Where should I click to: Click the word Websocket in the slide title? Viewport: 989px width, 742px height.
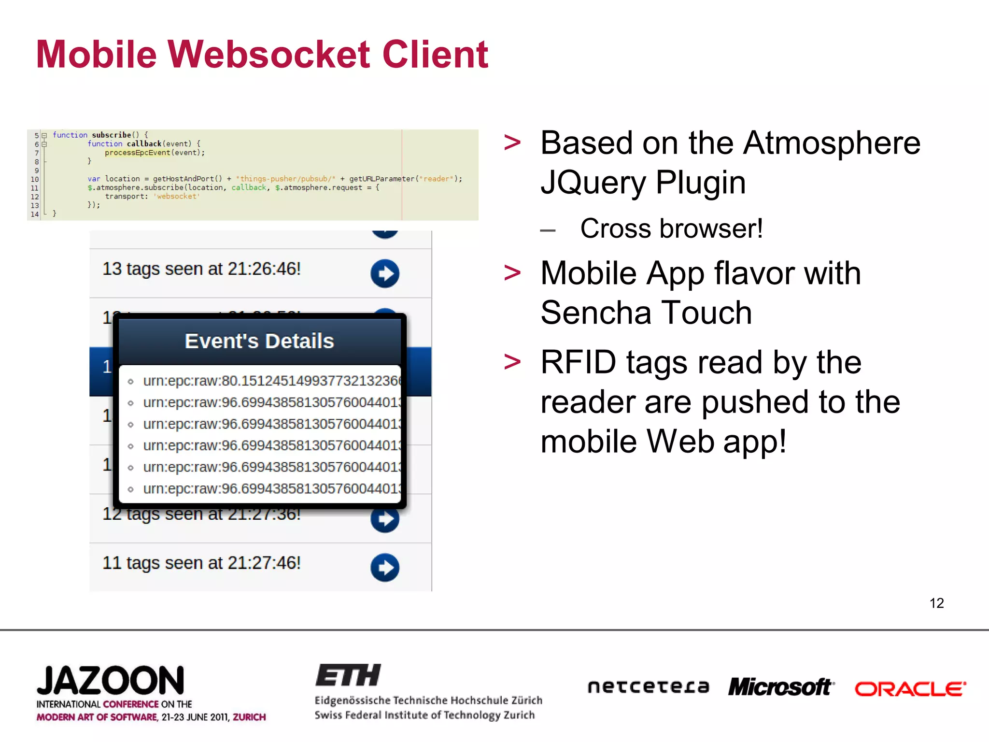tap(269, 54)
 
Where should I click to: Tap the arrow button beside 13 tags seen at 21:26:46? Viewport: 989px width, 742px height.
tap(385, 273)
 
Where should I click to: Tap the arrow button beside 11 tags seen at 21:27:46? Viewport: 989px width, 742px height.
tap(385, 567)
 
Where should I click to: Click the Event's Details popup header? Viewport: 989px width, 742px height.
tap(259, 341)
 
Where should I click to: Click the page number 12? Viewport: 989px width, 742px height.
tap(936, 603)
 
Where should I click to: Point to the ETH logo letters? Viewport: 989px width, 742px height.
tap(348, 675)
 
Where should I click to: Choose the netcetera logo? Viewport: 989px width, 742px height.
tap(648, 686)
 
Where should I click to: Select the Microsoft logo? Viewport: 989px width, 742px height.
tap(781, 687)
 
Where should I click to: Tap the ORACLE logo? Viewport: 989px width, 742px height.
tap(910, 688)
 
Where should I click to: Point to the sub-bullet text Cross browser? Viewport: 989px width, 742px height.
tap(671, 228)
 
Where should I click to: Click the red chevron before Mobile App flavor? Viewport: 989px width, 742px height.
tap(512, 273)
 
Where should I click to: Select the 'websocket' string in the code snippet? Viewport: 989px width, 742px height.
tap(176, 197)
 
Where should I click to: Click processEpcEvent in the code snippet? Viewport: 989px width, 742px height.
tap(138, 153)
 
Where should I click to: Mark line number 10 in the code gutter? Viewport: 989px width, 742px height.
tap(35, 179)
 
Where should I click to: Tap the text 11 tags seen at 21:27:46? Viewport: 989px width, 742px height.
tap(201, 563)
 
